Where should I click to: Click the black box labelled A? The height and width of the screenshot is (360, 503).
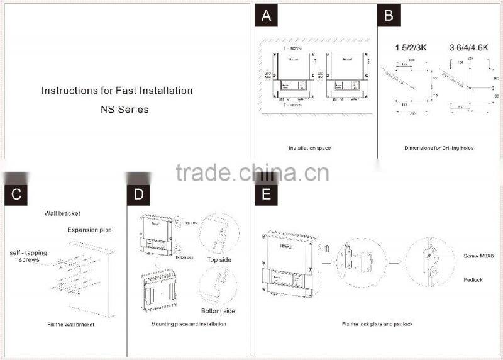(267, 16)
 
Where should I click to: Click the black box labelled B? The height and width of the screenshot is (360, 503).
(389, 16)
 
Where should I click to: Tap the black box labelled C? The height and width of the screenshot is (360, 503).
(17, 194)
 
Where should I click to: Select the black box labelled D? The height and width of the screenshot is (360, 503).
(139, 194)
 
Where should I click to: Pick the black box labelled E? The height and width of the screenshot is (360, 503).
(267, 194)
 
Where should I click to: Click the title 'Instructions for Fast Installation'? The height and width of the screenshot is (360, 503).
(117, 91)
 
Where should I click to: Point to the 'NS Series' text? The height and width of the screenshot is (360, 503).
(124, 110)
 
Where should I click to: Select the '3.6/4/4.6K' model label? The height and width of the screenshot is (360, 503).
(470, 47)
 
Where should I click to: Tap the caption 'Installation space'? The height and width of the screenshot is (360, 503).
(309, 148)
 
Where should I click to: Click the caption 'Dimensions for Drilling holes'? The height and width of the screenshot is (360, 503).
(439, 148)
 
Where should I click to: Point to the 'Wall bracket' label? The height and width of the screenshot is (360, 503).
(62, 214)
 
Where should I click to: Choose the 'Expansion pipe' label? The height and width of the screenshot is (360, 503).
(89, 230)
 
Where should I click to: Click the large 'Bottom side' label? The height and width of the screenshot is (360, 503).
(218, 312)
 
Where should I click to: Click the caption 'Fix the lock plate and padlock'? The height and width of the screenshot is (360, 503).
(377, 323)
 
